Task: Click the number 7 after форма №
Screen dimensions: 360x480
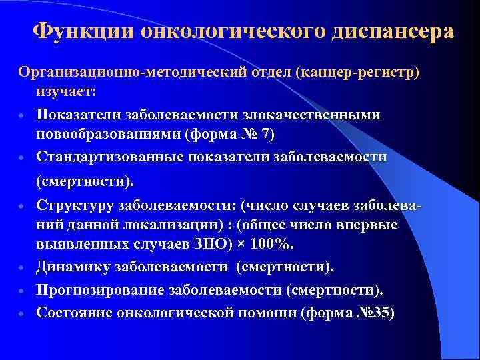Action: (x=267, y=136)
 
